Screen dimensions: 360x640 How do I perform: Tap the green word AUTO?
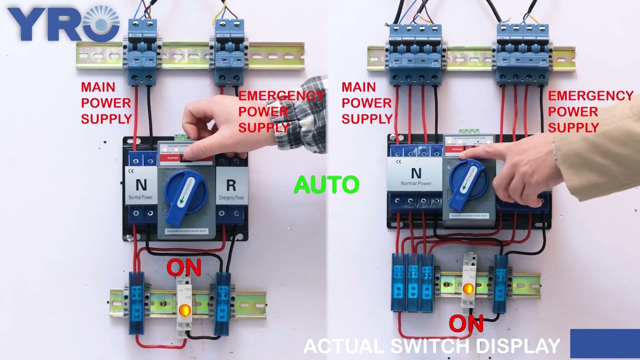click(326, 184)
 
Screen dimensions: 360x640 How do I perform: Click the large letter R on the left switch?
click(230, 185)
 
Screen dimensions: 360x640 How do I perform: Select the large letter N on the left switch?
click(141, 184)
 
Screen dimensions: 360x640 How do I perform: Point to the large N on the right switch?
click(415, 173)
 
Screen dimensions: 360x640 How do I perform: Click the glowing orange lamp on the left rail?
click(184, 310)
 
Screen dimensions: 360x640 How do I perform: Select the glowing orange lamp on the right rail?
click(468, 288)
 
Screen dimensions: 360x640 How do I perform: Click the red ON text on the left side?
click(183, 268)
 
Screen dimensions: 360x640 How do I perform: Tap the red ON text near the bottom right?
click(465, 323)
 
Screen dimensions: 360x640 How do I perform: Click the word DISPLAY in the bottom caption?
click(517, 346)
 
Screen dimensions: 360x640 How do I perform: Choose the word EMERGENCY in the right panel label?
click(590, 95)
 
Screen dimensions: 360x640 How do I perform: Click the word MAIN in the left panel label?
click(98, 87)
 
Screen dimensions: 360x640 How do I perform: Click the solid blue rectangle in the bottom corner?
click(604, 343)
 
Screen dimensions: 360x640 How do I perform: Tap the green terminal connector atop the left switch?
click(182, 136)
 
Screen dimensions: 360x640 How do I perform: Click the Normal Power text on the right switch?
click(415, 183)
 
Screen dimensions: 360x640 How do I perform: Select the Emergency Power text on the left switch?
click(231, 198)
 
